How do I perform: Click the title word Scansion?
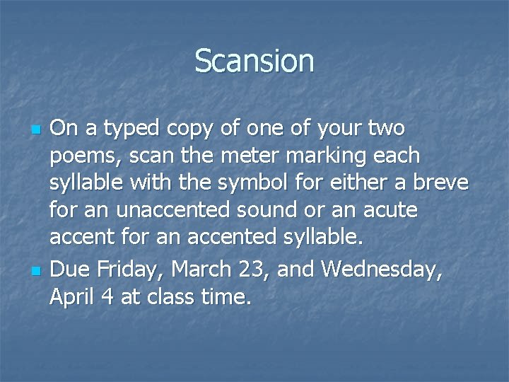coord(254,61)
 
